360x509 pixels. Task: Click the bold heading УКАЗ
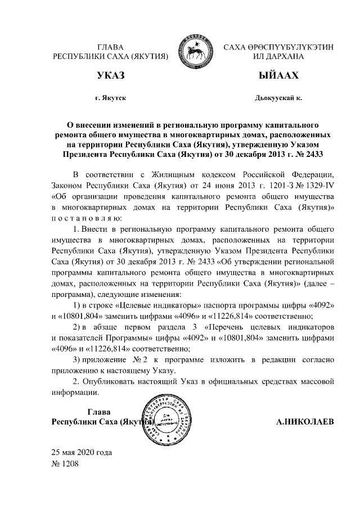[110, 75]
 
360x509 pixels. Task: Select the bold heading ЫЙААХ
[278, 75]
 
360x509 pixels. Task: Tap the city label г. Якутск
[111, 98]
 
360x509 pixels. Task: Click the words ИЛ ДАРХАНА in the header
[279, 56]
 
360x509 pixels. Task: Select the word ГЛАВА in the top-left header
[110, 47]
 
